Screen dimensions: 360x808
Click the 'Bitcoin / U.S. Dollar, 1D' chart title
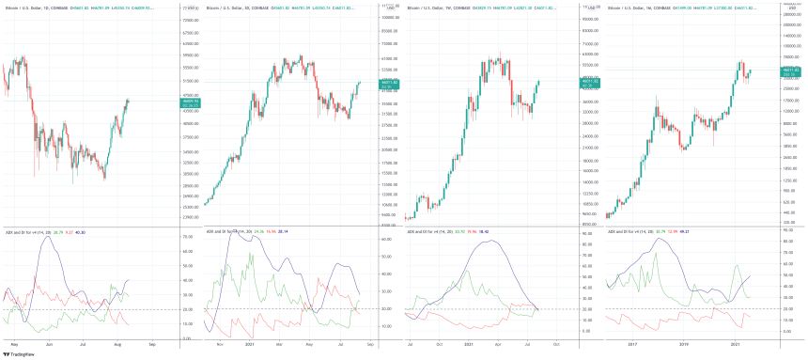[x=28, y=6]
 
